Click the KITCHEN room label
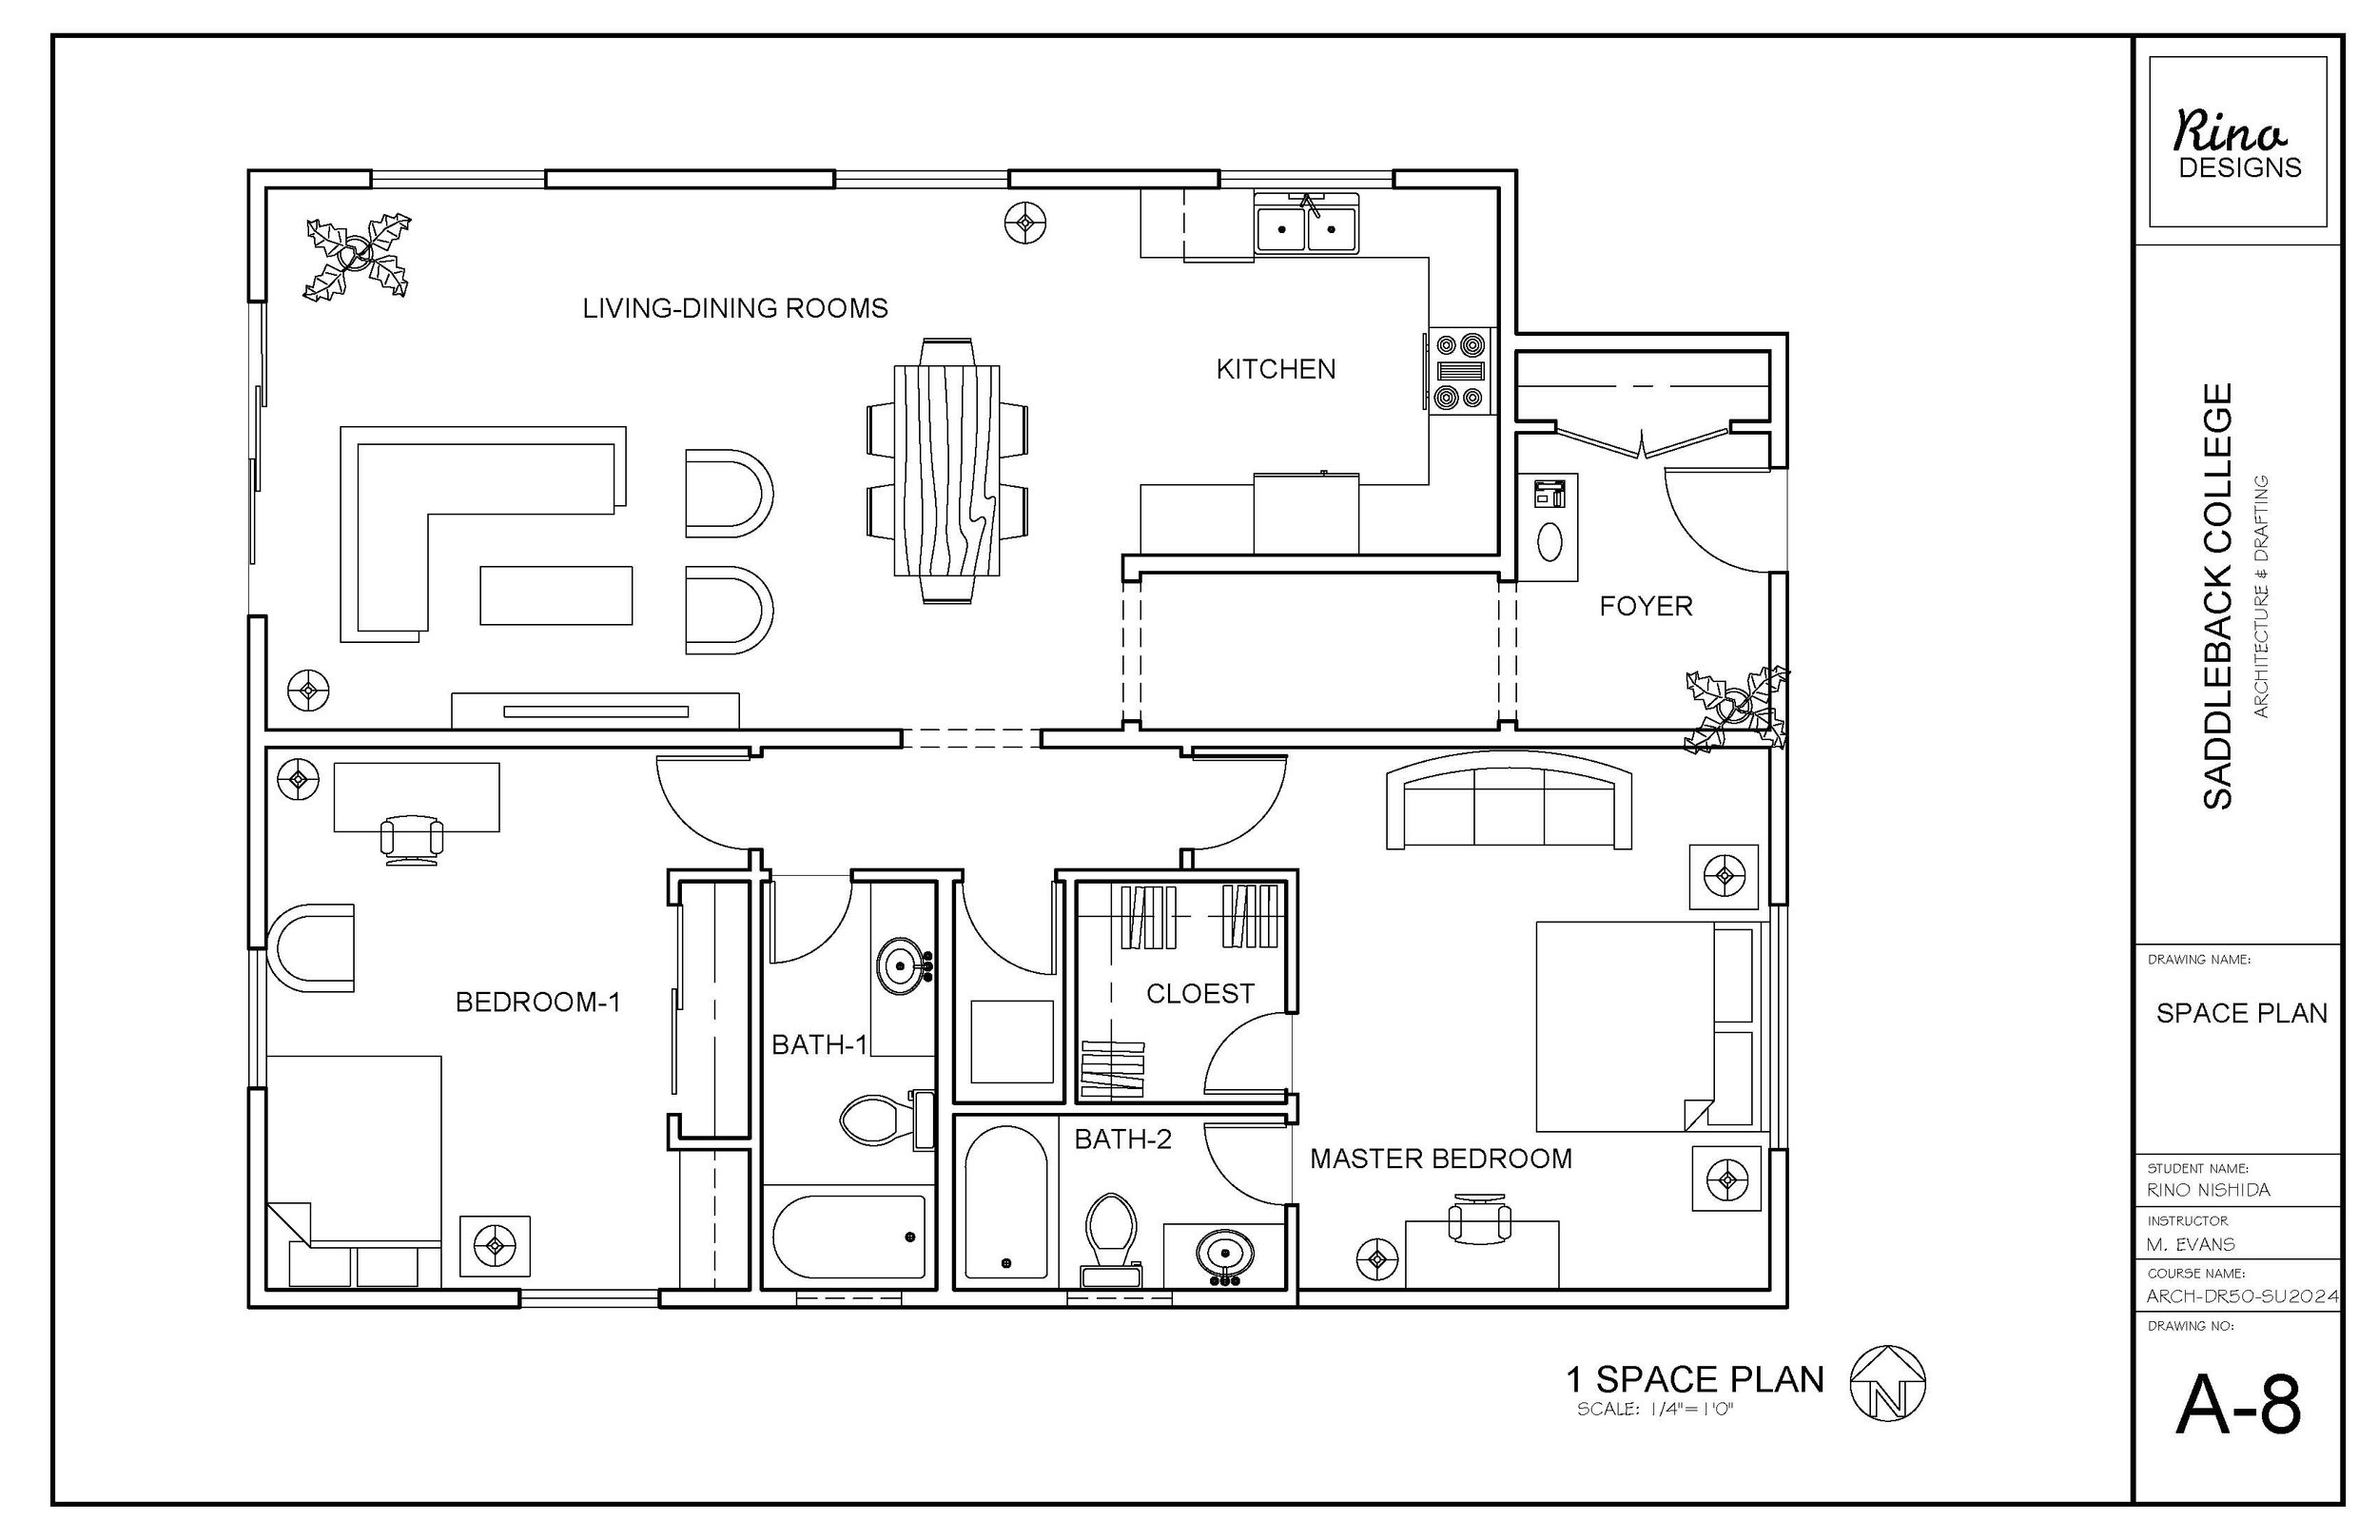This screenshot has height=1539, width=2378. tap(1275, 370)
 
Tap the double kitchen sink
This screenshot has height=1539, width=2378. tap(1307, 228)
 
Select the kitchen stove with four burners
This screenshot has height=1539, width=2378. tap(1460, 371)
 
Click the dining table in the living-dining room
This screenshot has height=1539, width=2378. tap(946, 471)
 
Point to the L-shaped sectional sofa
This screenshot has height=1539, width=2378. tap(400, 530)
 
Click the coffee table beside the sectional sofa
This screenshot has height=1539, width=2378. tap(556, 595)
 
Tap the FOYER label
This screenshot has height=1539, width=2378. tap(1645, 607)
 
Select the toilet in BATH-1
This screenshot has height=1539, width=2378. tap(879, 1120)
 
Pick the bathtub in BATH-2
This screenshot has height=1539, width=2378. tap(1005, 1204)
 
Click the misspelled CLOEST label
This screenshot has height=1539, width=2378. tap(1199, 994)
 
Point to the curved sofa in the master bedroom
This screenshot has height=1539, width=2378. tap(1509, 805)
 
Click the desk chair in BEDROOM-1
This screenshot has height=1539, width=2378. tap(412, 837)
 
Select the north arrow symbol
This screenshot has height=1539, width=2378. tap(1886, 1383)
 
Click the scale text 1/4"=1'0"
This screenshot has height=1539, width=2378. tap(1653, 1410)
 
